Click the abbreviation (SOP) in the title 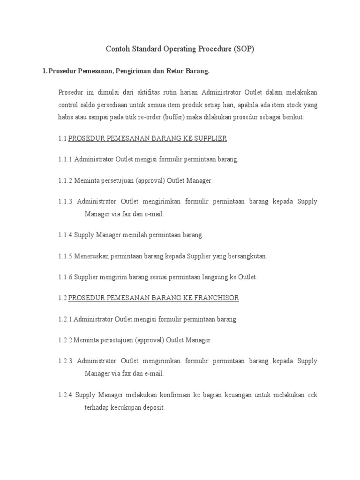pyautogui.click(x=243, y=49)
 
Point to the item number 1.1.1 pyautogui.click(x=65, y=159)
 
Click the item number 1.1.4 pyautogui.click(x=65, y=235)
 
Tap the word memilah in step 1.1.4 pyautogui.click(x=136, y=235)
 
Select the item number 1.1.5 pyautogui.click(x=65, y=256)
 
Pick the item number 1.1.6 pyautogui.click(x=65, y=277)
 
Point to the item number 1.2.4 pyautogui.click(x=65, y=395)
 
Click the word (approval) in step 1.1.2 pyautogui.click(x=150, y=180)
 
